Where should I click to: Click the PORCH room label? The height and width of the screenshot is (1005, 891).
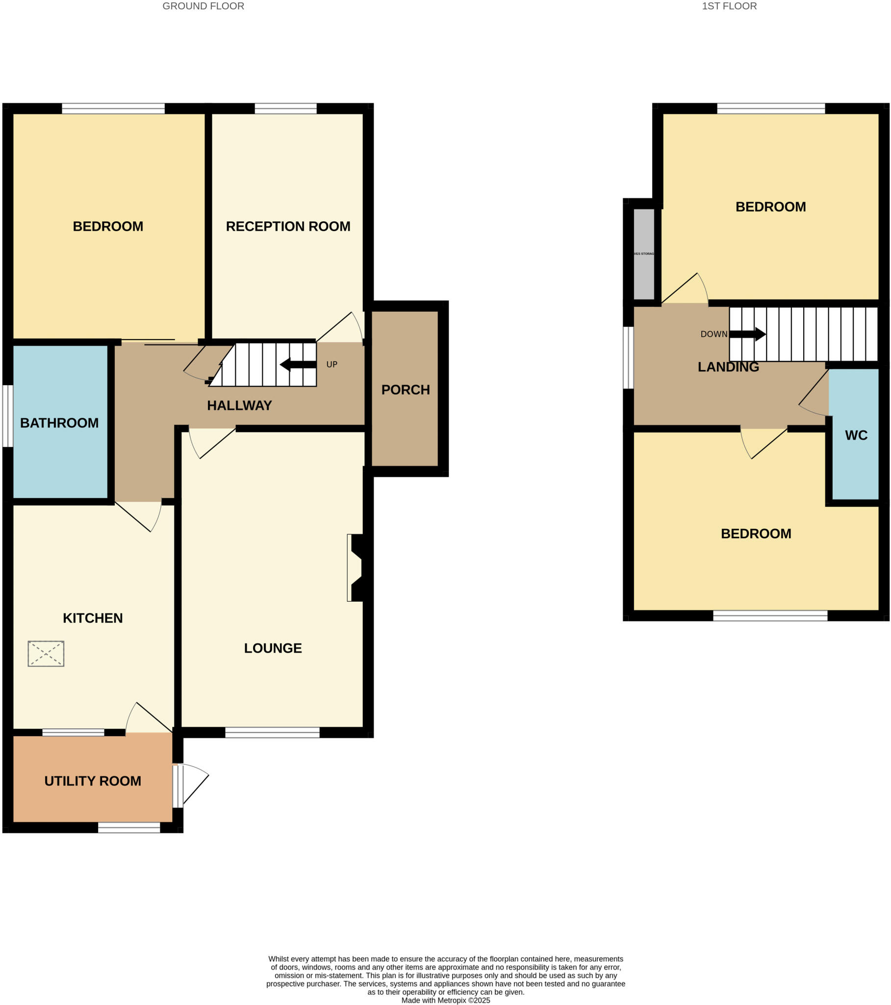tap(406, 390)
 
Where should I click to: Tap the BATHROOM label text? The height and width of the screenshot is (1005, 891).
tap(59, 423)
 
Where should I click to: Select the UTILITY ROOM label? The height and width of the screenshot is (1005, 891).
tap(92, 781)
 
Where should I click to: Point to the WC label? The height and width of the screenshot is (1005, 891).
tap(856, 435)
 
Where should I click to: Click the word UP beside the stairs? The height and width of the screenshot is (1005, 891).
tap(331, 364)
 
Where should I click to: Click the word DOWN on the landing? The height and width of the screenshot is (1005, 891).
tap(713, 334)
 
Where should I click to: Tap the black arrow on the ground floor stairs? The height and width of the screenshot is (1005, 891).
tap(298, 364)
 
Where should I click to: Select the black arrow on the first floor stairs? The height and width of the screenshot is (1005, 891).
tap(747, 334)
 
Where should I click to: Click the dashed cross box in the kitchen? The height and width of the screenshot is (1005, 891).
tap(46, 654)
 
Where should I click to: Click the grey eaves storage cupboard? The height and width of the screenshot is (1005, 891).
tap(644, 254)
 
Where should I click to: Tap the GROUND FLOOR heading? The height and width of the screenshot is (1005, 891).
tap(203, 6)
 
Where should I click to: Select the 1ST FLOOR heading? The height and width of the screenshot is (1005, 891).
tap(729, 6)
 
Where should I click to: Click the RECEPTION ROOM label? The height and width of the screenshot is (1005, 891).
tap(288, 226)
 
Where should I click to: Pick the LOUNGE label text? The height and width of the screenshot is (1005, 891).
tap(273, 648)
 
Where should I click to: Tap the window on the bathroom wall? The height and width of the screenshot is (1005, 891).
tap(8, 416)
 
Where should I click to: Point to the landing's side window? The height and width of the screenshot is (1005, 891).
tap(628, 357)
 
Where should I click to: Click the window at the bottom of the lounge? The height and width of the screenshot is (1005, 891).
tap(272, 733)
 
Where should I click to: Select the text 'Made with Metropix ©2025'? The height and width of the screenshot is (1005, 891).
tap(445, 1000)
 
